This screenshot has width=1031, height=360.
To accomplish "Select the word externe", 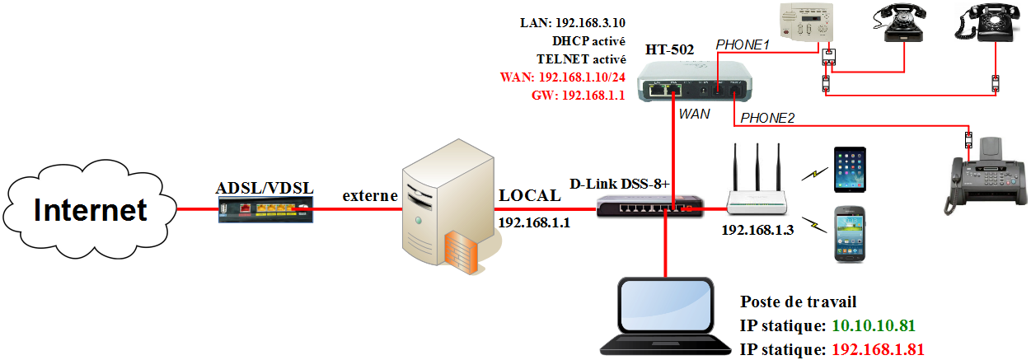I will [370, 196].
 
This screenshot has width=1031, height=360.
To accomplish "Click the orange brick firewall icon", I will [462, 250].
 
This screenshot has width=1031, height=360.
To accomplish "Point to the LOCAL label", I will [529, 195].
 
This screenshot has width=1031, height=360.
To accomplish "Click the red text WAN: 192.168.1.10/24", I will [563, 77].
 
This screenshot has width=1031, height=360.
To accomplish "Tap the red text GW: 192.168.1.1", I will [576, 96].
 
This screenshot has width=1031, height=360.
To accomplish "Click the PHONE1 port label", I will [742, 45].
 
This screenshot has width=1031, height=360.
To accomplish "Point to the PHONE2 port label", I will [767, 119].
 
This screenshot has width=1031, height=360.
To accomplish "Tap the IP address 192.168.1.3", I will [757, 230].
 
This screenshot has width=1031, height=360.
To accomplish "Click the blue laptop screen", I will [666, 306].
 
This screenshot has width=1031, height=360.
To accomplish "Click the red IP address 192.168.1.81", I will [878, 349].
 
